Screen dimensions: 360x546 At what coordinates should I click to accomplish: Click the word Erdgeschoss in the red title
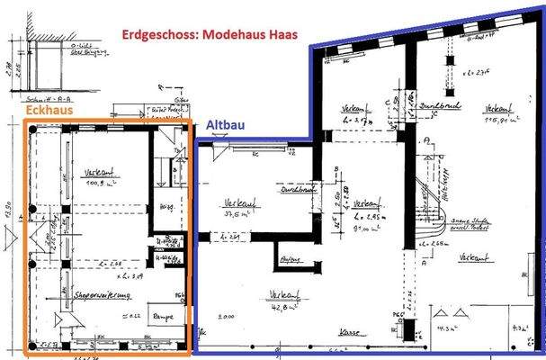coord(168,37)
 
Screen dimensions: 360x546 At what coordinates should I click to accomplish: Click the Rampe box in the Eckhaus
coord(163,315)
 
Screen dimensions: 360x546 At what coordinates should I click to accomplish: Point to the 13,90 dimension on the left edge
coord(8,213)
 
